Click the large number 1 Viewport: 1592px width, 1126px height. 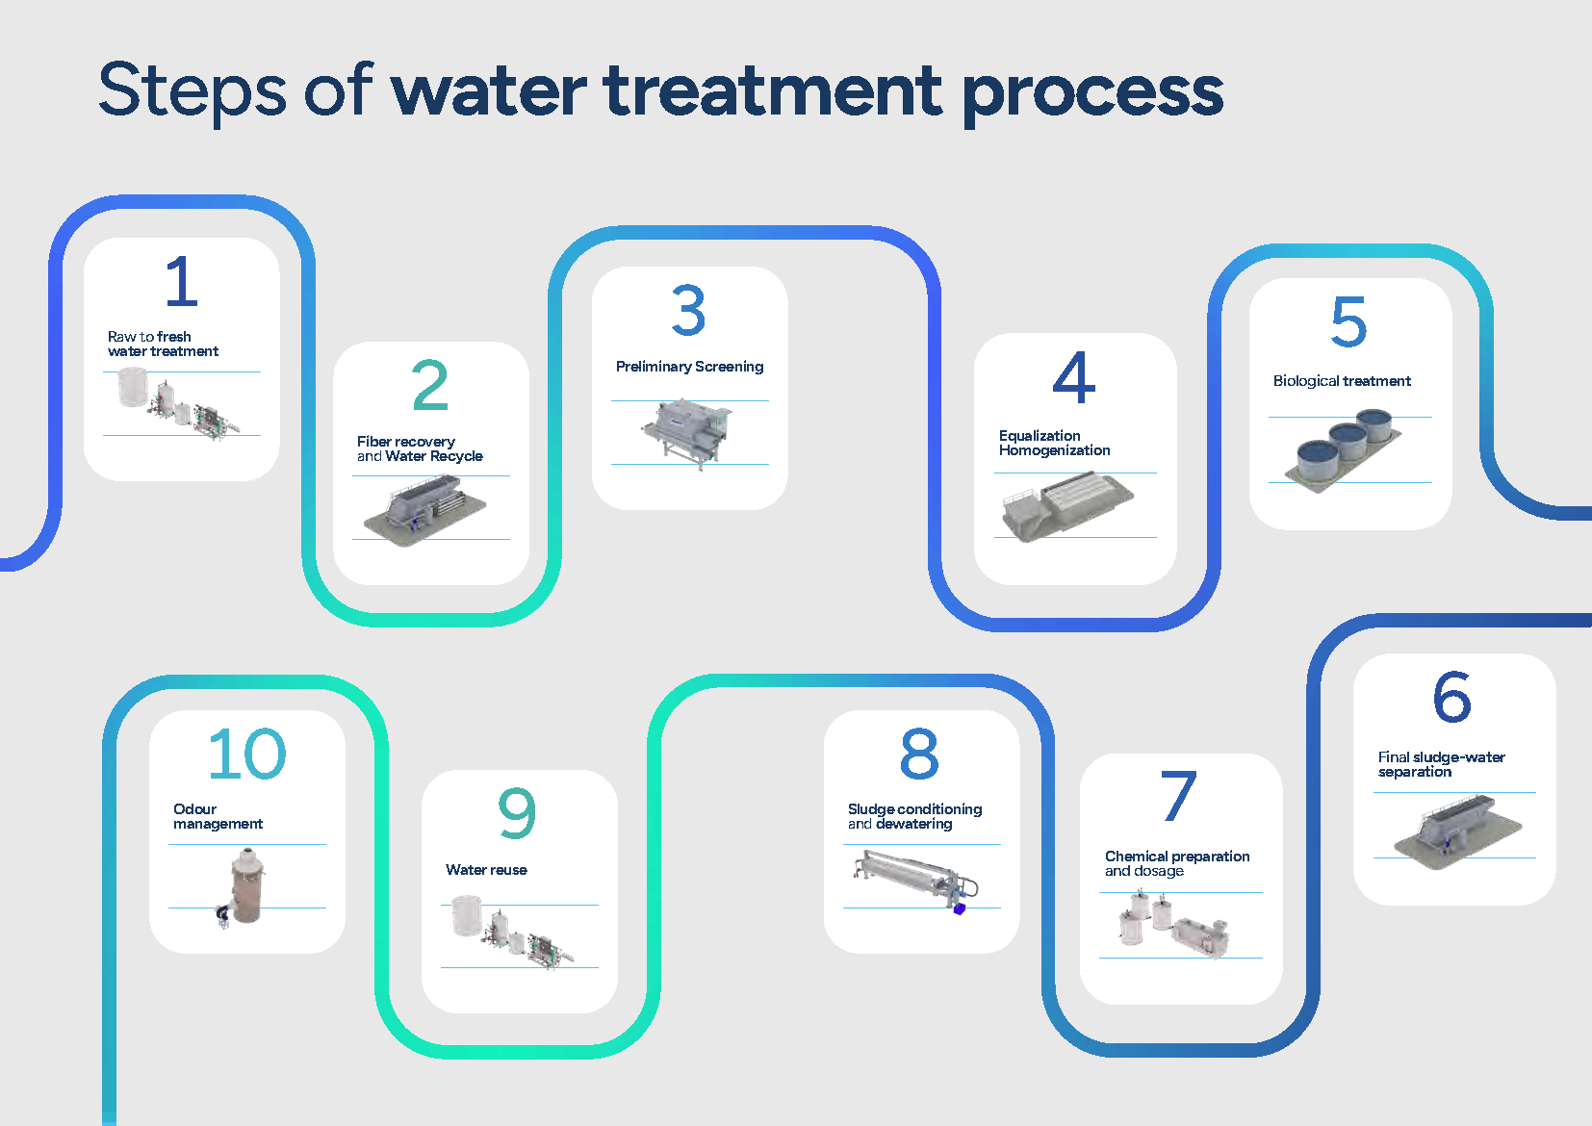[182, 281]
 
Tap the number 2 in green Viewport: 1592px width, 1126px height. [430, 384]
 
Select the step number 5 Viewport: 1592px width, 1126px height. [1348, 321]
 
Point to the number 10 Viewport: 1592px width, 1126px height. [246, 754]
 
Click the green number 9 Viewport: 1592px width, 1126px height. [517, 812]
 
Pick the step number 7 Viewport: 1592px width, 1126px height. [1178, 796]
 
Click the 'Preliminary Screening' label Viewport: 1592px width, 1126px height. [689, 367]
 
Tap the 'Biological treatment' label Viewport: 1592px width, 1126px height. [1342, 381]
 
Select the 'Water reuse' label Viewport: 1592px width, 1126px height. [486, 870]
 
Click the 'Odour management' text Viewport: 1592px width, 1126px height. [218, 816]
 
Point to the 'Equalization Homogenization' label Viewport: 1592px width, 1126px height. [1054, 443]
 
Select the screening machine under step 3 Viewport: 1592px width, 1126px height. [687, 433]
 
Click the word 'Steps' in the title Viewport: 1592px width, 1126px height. [193, 90]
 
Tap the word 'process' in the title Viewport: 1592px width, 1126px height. [1093, 94]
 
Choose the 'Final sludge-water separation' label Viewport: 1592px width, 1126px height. [1441, 764]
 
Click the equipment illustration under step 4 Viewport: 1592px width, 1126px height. [1067, 505]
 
